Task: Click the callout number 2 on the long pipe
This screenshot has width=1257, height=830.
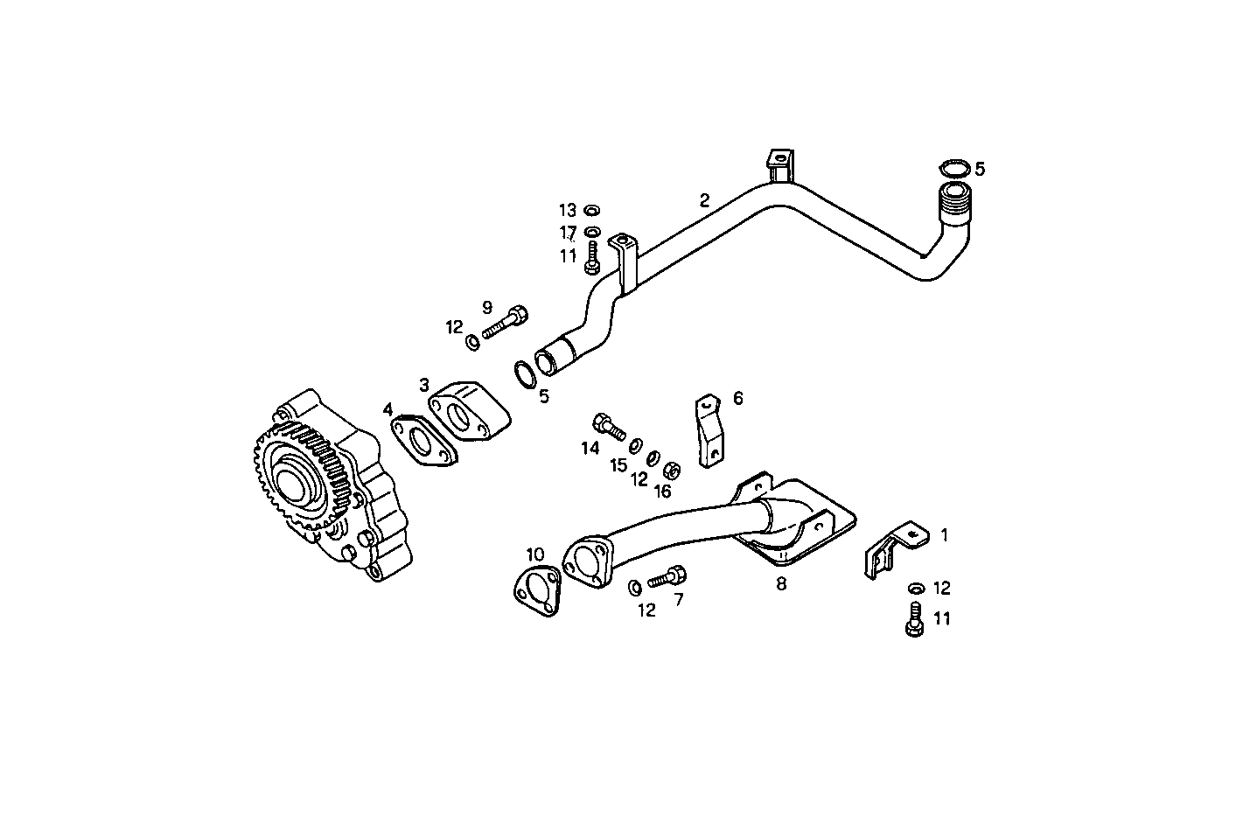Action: tap(704, 199)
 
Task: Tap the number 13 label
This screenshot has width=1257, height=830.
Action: tap(568, 210)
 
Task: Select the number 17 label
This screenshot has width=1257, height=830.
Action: tap(568, 233)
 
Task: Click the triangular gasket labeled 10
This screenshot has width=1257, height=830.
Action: tap(536, 589)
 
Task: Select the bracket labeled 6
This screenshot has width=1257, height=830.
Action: tap(707, 430)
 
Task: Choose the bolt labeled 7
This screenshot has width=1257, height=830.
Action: tap(667, 577)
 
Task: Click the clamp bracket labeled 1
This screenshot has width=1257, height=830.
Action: tap(892, 549)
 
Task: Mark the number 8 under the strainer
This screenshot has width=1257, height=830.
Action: tap(781, 584)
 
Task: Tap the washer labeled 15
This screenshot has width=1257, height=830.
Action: tap(636, 444)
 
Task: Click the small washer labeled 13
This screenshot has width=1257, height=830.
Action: tap(591, 210)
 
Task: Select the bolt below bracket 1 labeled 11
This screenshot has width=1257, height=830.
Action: tap(914, 619)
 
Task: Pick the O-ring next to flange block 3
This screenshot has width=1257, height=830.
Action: tap(524, 373)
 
